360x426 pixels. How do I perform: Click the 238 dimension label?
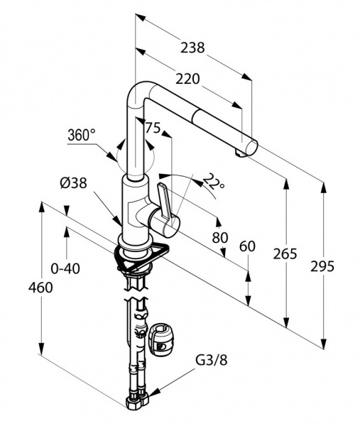point(192,48)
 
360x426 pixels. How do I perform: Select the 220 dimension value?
point(187,79)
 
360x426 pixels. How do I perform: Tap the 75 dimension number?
point(153,127)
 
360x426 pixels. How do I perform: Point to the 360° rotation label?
point(82,135)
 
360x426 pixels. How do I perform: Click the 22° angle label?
point(214,181)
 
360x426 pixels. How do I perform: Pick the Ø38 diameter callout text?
point(74,183)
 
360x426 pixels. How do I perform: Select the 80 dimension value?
point(220,238)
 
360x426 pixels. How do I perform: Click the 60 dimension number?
point(247,246)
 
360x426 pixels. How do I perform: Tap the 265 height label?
point(285,254)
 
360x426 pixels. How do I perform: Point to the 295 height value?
point(322,266)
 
